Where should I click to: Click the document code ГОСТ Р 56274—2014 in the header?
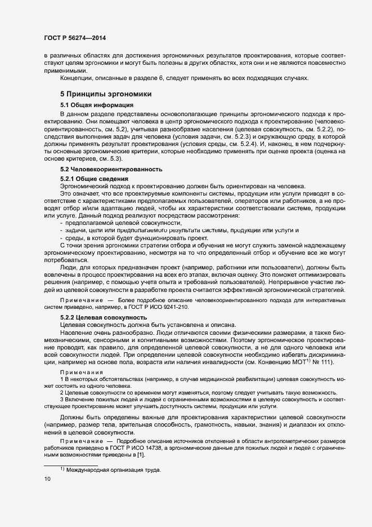[x=74, y=38]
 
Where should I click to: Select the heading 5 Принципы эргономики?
[x=105, y=94]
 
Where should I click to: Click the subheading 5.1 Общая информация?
[x=96, y=105]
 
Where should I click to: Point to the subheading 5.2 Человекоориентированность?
[x=111, y=169]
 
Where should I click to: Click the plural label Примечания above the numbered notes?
[x=82, y=373]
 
